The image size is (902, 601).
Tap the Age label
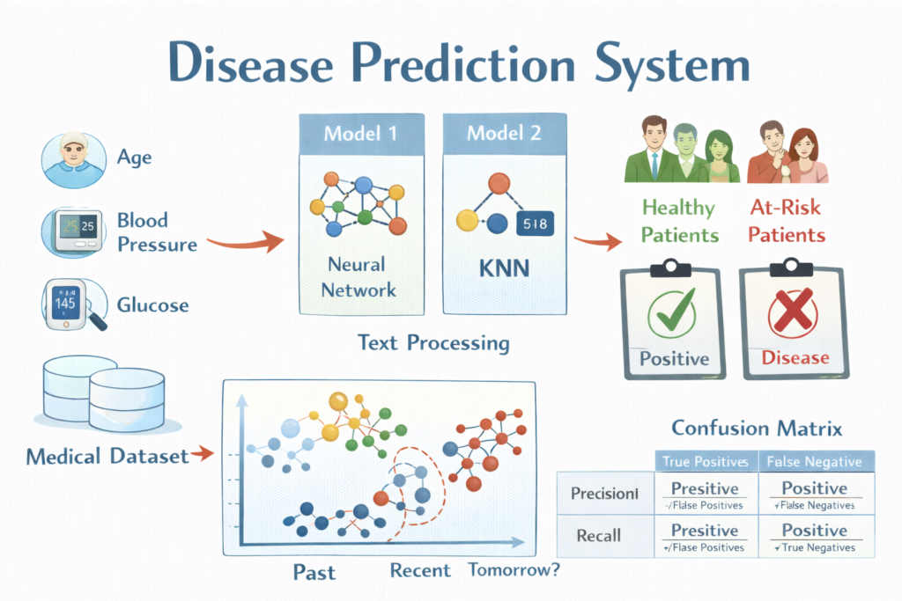[x=134, y=158]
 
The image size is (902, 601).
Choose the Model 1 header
[x=360, y=134]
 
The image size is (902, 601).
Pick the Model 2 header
[x=502, y=134]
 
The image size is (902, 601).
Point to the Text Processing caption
[x=433, y=342]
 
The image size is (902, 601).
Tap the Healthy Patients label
[x=679, y=221]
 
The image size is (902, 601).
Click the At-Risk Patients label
[x=787, y=221]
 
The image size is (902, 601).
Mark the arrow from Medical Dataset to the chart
[x=203, y=455]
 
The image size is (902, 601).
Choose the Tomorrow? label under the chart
[x=514, y=569]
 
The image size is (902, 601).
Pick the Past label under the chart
[x=314, y=572]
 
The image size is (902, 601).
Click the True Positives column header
[x=704, y=461]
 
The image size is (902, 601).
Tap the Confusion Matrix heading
[x=757, y=429]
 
